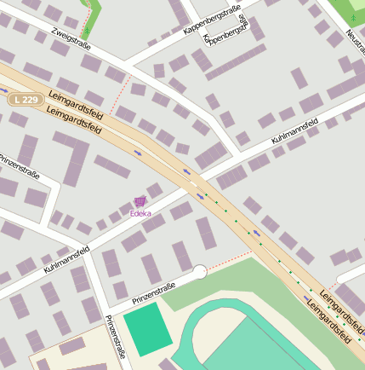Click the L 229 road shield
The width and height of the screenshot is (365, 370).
click(27, 100)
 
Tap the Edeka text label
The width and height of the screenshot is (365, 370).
click(140, 213)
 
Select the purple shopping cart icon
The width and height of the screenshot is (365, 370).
click(140, 201)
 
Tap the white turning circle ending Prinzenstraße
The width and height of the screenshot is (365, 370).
click(200, 272)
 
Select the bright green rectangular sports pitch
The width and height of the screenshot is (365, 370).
click(147, 332)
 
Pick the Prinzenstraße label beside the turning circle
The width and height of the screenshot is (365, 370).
click(154, 293)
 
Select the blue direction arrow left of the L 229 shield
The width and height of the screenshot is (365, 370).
click(4, 88)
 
